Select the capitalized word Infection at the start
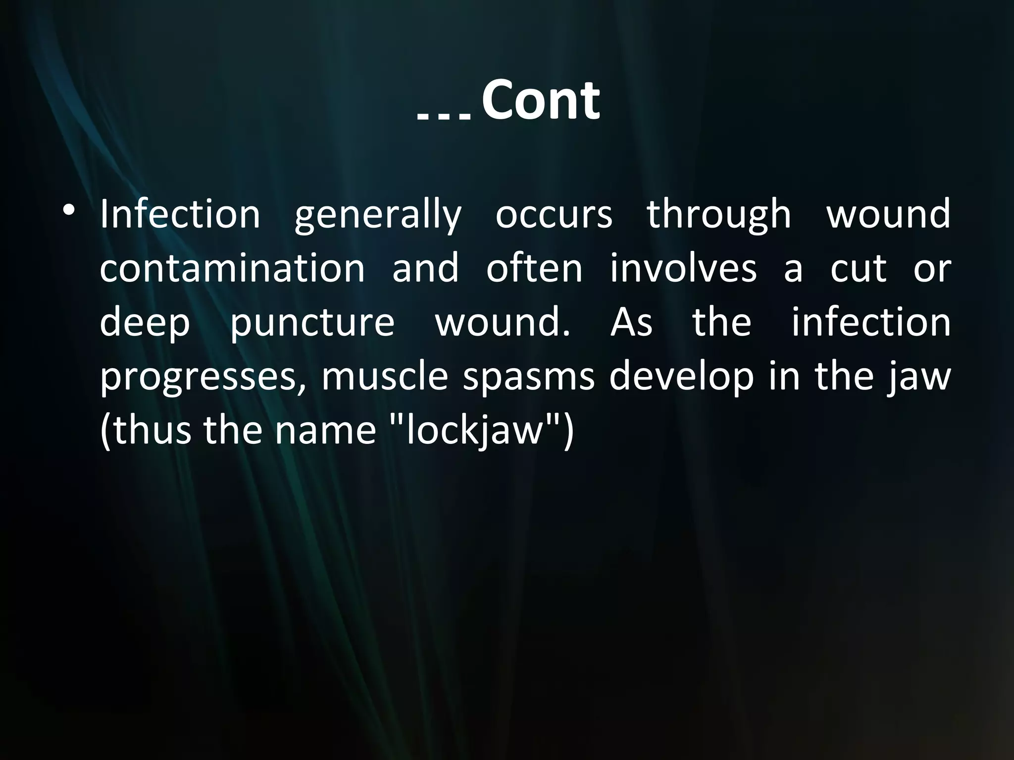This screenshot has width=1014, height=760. click(180, 214)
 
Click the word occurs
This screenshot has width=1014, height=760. click(554, 215)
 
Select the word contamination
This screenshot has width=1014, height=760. click(233, 269)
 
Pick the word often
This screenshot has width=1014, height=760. click(535, 268)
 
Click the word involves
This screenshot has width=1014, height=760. click(683, 268)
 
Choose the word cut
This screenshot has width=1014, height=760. click(858, 269)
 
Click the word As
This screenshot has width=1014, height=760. click(631, 322)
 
